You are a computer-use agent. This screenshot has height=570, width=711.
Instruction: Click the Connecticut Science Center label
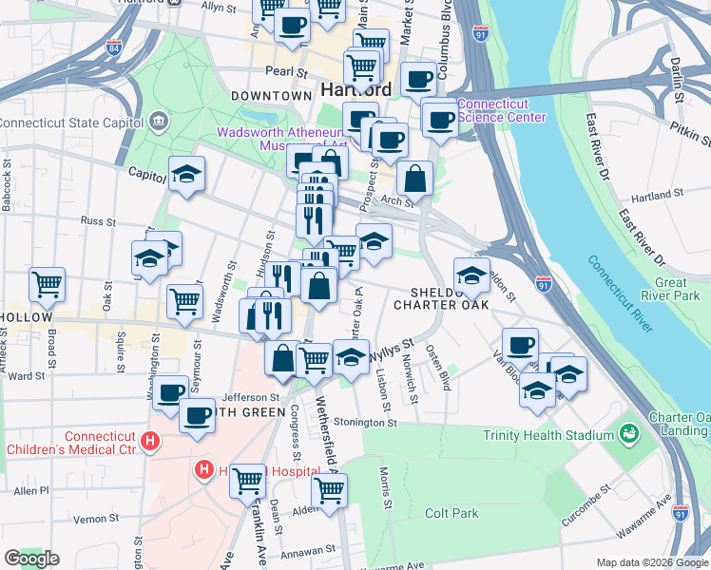tap(502, 110)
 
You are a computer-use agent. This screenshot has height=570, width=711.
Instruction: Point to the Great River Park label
tap(676, 289)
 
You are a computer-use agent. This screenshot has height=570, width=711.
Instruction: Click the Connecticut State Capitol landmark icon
tap(158, 122)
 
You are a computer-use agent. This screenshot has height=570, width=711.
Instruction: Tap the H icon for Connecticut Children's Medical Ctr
tap(148, 441)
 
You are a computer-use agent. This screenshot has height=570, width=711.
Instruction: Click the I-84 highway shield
tap(115, 47)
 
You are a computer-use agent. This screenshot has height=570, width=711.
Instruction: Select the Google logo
tap(32, 558)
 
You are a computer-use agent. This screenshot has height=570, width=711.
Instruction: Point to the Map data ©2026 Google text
tap(651, 562)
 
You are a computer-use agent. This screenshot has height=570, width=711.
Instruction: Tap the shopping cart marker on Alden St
tap(330, 491)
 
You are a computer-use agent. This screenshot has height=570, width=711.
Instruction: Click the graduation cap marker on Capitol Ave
tap(186, 174)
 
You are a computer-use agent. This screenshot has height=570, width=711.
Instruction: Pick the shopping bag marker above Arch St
tap(415, 178)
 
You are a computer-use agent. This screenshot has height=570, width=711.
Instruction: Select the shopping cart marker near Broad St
tap(47, 283)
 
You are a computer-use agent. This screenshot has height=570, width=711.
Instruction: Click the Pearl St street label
tap(287, 72)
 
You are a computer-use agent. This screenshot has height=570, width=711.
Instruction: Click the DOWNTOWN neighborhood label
tap(271, 96)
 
